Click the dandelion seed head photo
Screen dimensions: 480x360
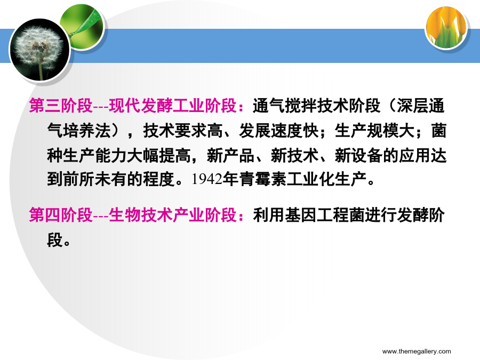coord(40,50)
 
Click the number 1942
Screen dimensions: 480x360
coord(207,179)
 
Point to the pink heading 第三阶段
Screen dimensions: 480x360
coord(61,106)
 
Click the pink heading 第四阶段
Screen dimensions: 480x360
coord(61,214)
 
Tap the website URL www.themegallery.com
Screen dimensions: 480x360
coord(417,351)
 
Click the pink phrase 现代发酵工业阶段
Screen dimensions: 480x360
coord(173,106)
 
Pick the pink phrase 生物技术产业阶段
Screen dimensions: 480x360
coord(173,214)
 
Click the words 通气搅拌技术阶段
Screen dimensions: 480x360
coord(316,106)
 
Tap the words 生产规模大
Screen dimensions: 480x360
coord(375,131)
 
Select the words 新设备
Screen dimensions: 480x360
coord(359,155)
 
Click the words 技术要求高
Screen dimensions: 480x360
coord(183,131)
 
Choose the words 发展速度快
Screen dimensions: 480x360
coord(279,131)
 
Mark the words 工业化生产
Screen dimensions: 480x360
coord(326,179)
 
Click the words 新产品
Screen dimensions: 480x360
coord(231,155)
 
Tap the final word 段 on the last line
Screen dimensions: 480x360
coord(55,239)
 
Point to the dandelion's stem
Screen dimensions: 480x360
coord(41,70)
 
